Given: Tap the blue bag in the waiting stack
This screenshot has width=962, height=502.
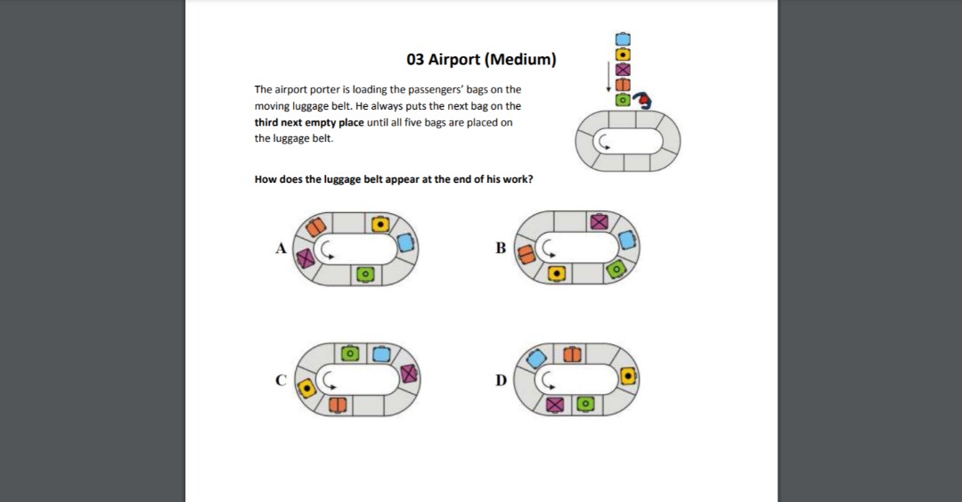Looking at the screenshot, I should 623,39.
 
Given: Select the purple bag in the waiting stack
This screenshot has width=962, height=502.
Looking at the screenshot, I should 623,69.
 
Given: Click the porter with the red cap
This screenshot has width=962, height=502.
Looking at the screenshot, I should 641,99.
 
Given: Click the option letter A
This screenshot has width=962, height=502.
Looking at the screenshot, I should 281,249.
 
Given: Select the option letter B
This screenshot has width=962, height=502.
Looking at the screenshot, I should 501,247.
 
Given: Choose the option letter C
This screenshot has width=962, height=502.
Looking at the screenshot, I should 281,381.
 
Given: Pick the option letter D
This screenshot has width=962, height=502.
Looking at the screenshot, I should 501,381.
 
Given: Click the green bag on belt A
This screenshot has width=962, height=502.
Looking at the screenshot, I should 363,274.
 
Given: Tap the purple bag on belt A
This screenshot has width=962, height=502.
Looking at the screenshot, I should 306,258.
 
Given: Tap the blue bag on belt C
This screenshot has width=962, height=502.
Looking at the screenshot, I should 380,354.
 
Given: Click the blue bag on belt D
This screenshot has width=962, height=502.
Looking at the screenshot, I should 537,358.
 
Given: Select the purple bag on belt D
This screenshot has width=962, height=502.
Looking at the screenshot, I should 556,405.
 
